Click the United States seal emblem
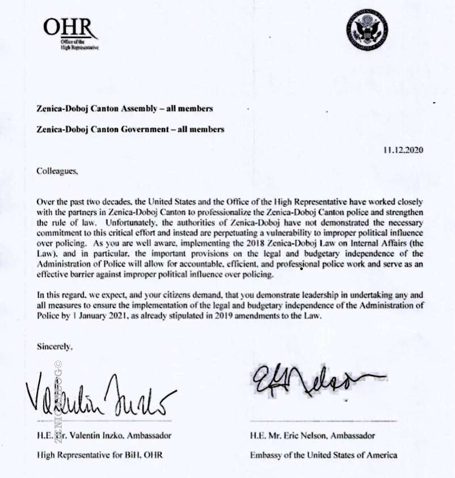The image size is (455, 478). click(368, 29)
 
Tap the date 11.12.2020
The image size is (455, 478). click(403, 150)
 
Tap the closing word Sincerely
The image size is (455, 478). click(54, 345)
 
